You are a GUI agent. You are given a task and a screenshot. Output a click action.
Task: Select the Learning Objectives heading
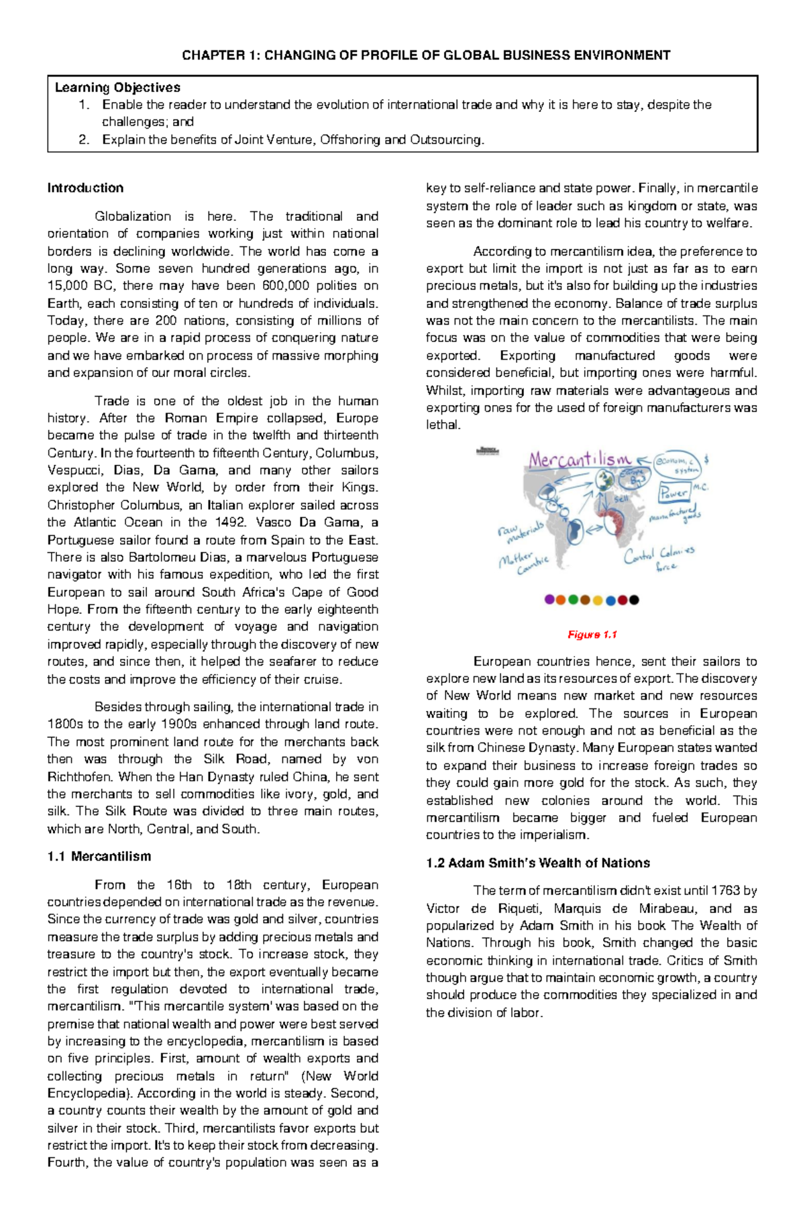pos(117,88)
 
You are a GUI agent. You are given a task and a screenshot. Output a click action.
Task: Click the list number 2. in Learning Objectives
pos(83,140)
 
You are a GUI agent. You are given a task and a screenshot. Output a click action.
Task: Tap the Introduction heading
pos(85,189)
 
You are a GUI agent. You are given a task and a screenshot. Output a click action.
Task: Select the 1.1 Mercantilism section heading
pos(99,857)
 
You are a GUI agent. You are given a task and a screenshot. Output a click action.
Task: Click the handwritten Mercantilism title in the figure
pos(580,460)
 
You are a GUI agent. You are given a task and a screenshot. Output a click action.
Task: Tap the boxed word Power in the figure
pos(674,492)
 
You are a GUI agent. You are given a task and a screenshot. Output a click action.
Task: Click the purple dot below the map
pos(549,600)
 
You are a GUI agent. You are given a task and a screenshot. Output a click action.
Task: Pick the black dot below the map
pos(634,600)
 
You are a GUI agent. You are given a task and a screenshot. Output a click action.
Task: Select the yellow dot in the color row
pos(598,600)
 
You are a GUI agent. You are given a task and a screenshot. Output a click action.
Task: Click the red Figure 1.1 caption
pos(592,635)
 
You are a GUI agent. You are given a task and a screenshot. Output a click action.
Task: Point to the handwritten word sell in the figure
pos(621,499)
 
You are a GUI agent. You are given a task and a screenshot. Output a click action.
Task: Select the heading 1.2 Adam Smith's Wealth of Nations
pos(538,863)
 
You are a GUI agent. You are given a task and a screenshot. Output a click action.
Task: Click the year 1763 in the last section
pos(725,891)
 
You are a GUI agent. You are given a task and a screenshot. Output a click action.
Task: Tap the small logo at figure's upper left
pos(488,451)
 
